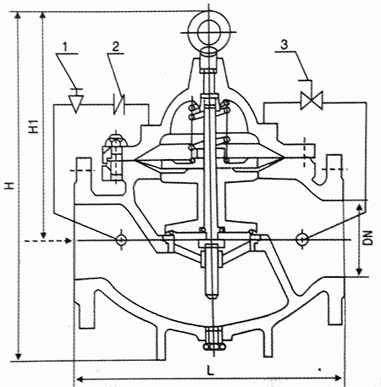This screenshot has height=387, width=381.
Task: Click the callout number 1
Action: [x=65, y=47]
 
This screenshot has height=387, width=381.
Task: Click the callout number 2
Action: [x=116, y=47]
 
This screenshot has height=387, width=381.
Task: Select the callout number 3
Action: [x=284, y=45]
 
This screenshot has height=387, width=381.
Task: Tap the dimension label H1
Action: [x=34, y=126]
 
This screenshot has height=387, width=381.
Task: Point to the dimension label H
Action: [x=10, y=185]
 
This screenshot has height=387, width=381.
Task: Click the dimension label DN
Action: [x=367, y=238]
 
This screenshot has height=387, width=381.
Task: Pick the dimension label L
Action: [x=210, y=370]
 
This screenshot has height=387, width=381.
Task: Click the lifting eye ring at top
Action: [x=209, y=17]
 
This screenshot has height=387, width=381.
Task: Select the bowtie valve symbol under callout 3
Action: [x=312, y=100]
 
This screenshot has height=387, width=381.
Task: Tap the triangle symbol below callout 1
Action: [x=76, y=103]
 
